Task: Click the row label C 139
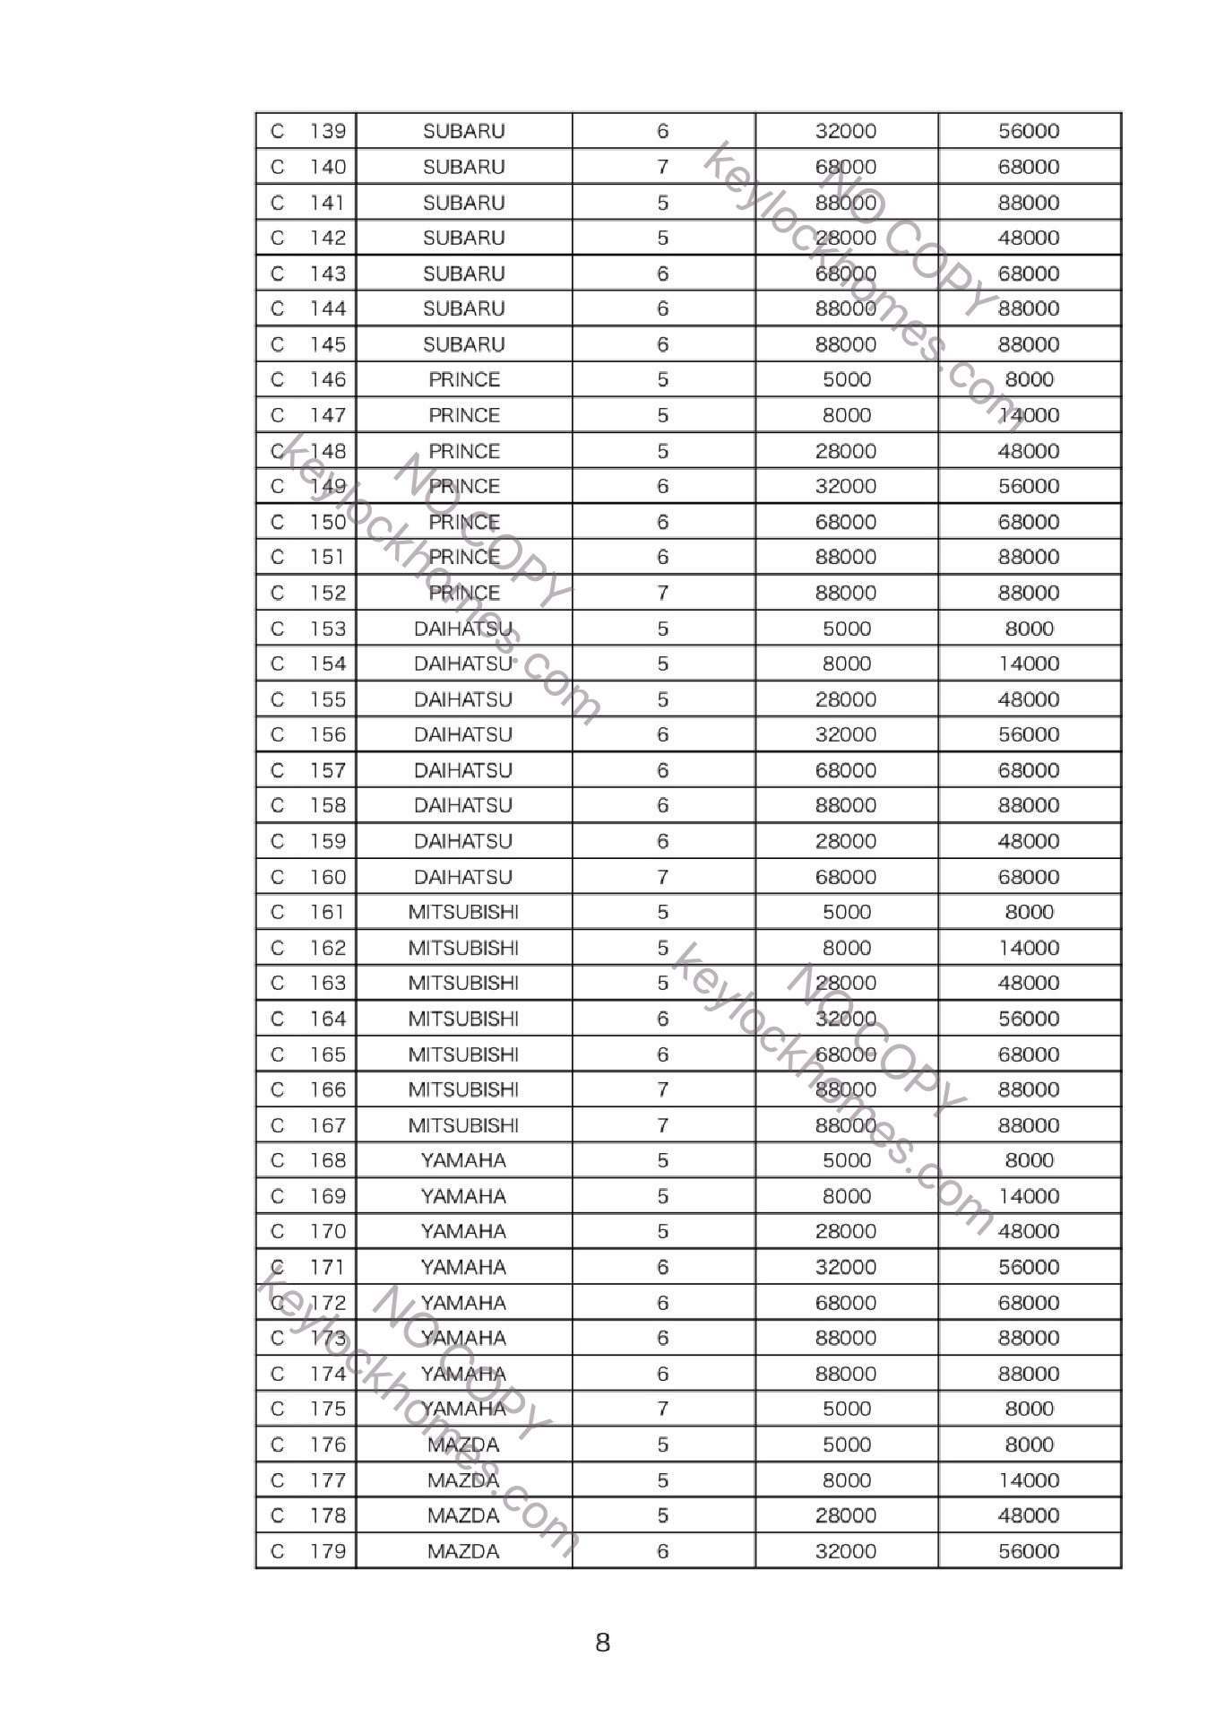click(x=307, y=131)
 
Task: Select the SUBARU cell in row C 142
click(x=463, y=238)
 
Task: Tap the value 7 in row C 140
click(x=662, y=167)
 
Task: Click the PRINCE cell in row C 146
click(x=463, y=379)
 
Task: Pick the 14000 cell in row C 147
click(x=1029, y=415)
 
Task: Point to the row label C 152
click(x=307, y=593)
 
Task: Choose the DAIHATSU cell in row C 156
click(x=463, y=734)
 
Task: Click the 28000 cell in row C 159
click(x=845, y=841)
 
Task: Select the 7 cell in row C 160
click(x=662, y=877)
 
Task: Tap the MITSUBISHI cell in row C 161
click(x=463, y=912)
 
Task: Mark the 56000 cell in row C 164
click(x=1029, y=1019)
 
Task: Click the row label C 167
click(x=307, y=1125)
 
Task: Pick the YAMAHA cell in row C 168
click(x=463, y=1160)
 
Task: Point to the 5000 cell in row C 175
click(x=845, y=1409)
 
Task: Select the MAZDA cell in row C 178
click(x=463, y=1515)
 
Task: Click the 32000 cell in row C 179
click(x=845, y=1551)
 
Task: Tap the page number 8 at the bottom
click(x=603, y=1643)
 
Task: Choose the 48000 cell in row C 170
click(x=1029, y=1231)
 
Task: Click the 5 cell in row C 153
click(x=662, y=629)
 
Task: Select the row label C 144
click(x=307, y=308)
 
